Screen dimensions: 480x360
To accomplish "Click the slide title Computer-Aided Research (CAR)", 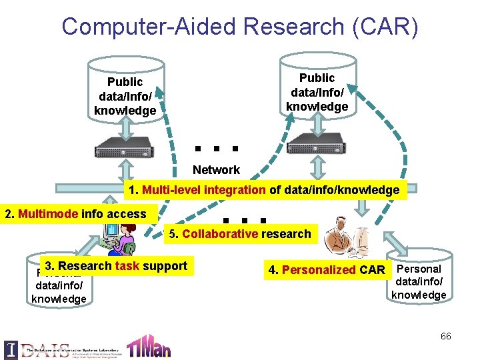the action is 240,27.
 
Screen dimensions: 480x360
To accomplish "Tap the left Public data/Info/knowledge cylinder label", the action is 125,96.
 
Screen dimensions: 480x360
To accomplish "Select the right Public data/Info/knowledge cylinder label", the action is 317,92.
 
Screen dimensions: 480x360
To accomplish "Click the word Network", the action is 216,170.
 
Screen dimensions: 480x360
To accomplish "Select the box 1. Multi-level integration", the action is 264,190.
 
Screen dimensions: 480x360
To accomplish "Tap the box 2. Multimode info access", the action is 75,214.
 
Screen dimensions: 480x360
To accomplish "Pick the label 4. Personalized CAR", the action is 327,270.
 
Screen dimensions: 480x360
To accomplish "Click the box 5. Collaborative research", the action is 239,234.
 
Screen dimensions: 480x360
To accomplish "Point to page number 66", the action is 445,336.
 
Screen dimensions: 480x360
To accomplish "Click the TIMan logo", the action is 148,346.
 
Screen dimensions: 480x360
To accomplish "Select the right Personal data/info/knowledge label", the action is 419,281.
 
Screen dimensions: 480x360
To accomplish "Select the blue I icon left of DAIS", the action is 11,349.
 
